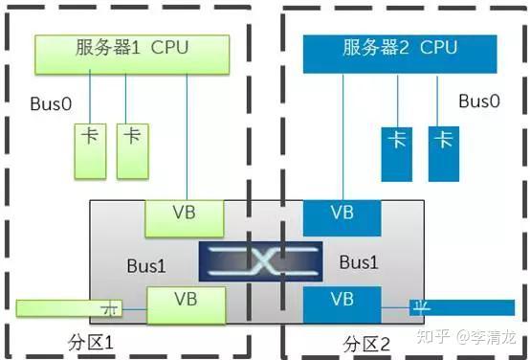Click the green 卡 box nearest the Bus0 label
point(89,149)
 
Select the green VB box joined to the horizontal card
point(185,305)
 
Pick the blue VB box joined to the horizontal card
point(342,305)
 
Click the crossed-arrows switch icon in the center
point(264,262)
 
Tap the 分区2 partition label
point(367,343)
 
